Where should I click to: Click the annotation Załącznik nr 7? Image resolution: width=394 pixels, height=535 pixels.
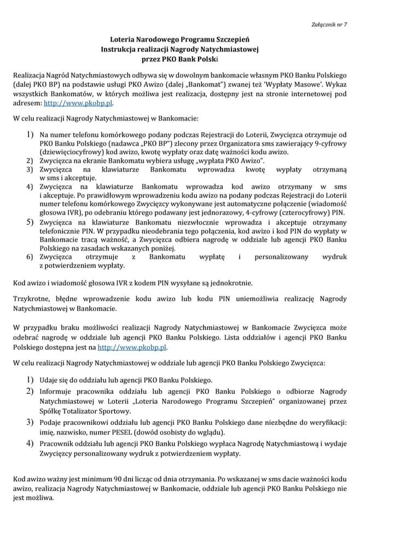328,25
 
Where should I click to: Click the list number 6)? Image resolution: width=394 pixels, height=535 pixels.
31,257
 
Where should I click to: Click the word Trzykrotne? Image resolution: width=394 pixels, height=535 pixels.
31,300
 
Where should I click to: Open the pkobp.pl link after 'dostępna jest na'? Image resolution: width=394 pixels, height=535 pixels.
132,347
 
